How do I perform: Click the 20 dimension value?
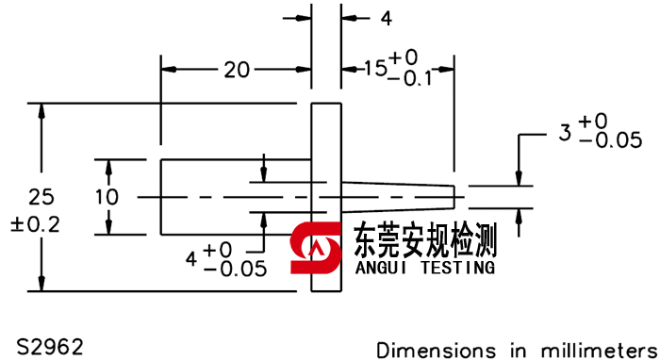click(237, 69)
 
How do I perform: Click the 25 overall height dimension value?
click(41, 197)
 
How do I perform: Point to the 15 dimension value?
click(374, 69)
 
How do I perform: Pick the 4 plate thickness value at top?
click(386, 18)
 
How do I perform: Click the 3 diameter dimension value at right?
click(565, 133)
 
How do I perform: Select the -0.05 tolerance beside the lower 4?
click(235, 269)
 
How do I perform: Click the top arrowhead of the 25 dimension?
click(41, 109)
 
